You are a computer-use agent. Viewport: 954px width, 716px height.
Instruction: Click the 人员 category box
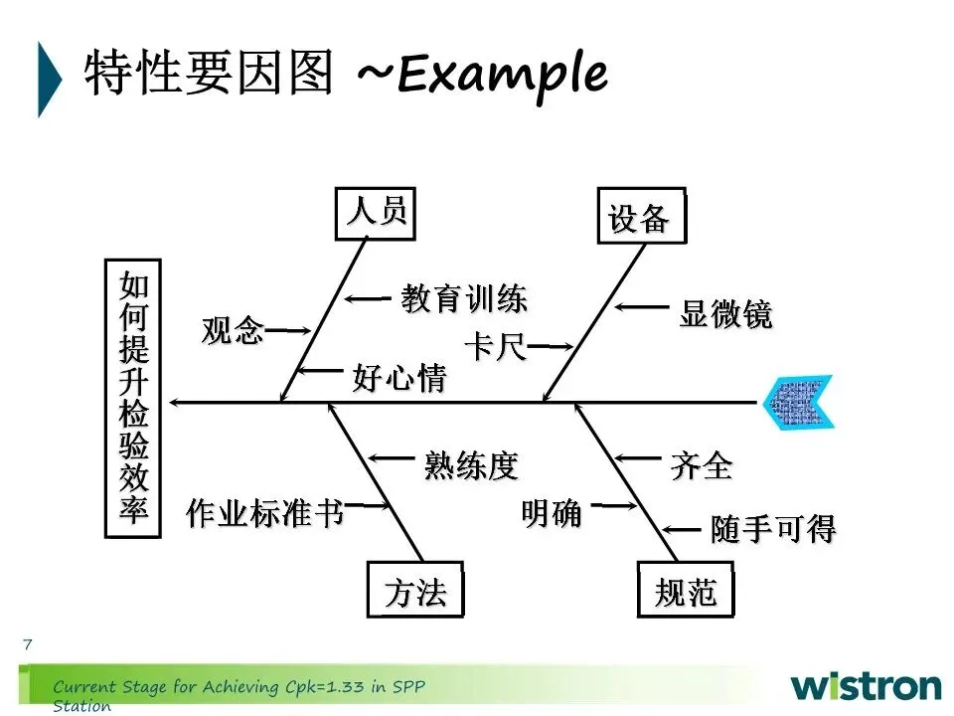tap(377, 213)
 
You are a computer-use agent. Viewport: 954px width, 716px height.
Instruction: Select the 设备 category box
tap(640, 216)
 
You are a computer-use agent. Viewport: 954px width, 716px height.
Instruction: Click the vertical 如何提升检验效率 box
tap(133, 399)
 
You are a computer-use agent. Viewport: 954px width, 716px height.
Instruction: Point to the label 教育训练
tap(463, 298)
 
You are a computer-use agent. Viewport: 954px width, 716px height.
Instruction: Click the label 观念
tap(233, 330)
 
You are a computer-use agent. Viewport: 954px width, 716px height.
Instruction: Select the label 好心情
tap(398, 379)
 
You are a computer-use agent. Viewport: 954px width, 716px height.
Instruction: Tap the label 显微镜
tap(725, 314)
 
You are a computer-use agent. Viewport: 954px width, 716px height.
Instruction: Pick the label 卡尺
tap(495, 348)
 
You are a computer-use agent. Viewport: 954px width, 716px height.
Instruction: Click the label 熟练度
tap(471, 464)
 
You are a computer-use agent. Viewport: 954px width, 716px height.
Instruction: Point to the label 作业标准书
tap(264, 513)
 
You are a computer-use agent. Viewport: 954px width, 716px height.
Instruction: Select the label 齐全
tap(702, 465)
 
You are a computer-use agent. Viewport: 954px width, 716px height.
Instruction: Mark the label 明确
tap(552, 514)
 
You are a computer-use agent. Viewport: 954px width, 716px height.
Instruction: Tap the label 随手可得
tap(773, 529)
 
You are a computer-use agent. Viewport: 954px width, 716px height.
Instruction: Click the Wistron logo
tap(866, 685)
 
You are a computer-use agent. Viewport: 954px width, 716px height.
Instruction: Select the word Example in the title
tap(501, 73)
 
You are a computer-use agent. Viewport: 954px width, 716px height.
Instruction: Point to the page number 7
tap(27, 644)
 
